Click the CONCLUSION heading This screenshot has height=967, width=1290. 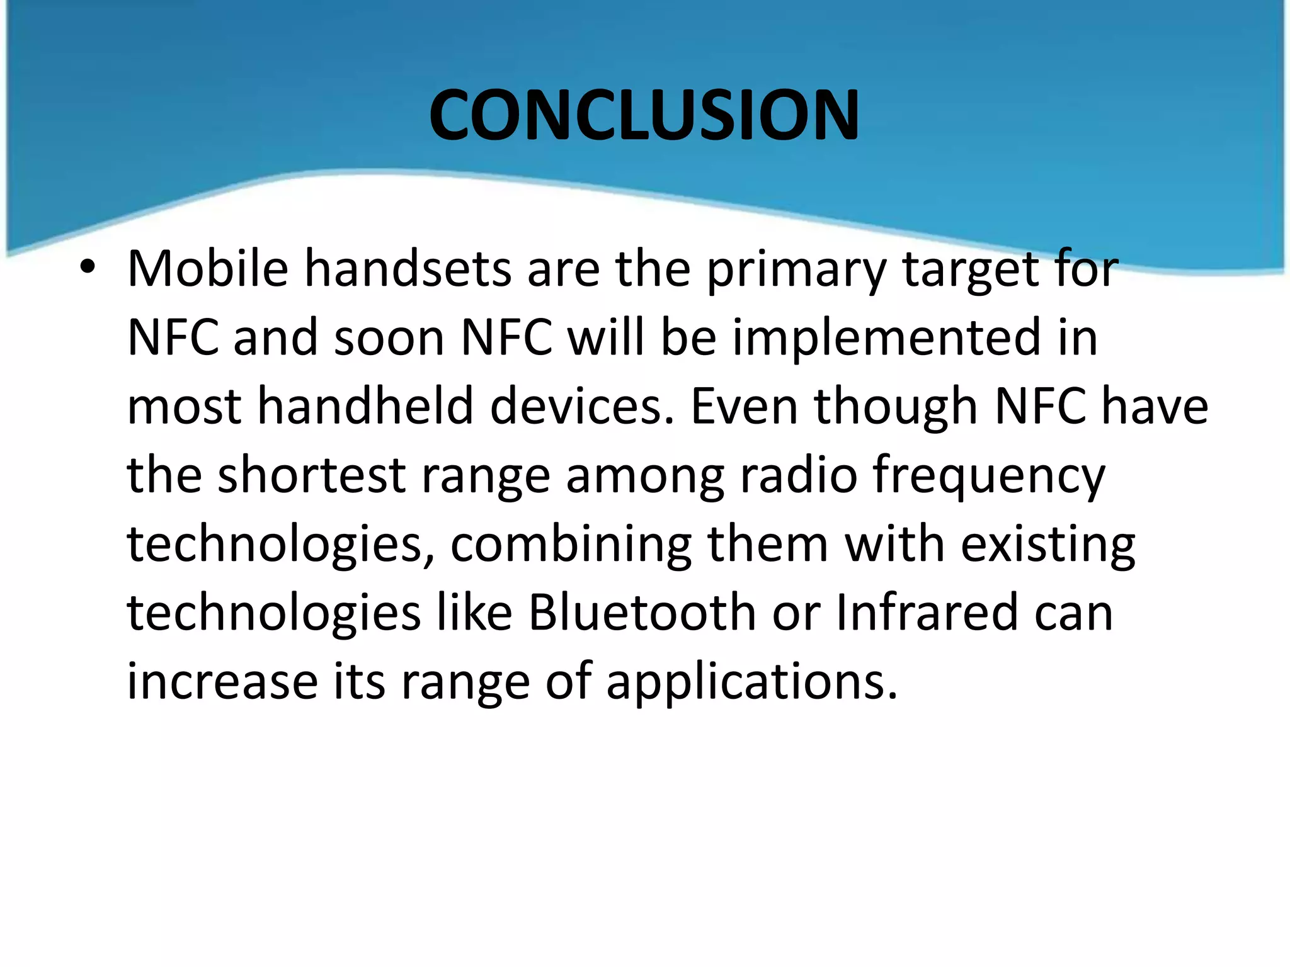[644, 116]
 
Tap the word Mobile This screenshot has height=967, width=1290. [207, 269]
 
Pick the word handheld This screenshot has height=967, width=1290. [365, 406]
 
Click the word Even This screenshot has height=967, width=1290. [744, 406]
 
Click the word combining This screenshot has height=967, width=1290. [570, 545]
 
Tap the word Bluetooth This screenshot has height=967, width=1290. [642, 613]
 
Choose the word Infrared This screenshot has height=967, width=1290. [927, 613]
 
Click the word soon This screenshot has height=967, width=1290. [389, 339]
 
